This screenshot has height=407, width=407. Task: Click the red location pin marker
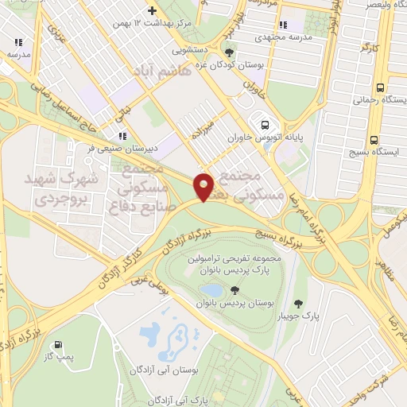pyautogui.click(x=204, y=186)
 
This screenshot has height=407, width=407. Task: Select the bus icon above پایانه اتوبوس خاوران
pyautogui.click(x=264, y=123)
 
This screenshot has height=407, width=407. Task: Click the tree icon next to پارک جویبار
pyautogui.click(x=298, y=304)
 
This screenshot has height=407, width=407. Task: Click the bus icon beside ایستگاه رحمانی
pyautogui.click(x=380, y=87)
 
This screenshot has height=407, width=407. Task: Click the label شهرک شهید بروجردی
pyautogui.click(x=66, y=189)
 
